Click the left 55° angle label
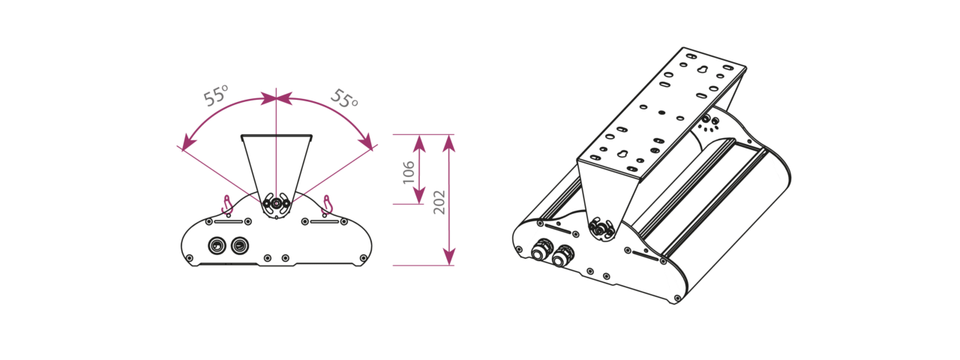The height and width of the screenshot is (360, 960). [215, 96]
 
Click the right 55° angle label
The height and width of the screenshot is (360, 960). [344, 99]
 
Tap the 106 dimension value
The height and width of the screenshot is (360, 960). [409, 172]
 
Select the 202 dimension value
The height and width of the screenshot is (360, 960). [439, 202]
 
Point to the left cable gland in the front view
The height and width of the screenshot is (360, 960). [215, 246]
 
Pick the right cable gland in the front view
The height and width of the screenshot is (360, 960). [239, 246]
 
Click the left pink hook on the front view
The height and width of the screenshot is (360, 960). [227, 205]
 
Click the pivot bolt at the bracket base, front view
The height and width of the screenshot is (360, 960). [277, 203]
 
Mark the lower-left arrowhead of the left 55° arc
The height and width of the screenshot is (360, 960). [187, 142]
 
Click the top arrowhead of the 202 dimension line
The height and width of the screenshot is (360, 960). [448, 143]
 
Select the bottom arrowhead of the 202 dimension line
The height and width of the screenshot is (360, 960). [448, 256]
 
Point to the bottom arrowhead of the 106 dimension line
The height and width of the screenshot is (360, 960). [418, 196]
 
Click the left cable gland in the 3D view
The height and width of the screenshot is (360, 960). [541, 250]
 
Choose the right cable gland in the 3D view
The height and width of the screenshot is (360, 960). [562, 256]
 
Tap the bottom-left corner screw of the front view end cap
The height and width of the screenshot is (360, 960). [190, 258]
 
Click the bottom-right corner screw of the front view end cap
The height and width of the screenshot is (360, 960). [364, 258]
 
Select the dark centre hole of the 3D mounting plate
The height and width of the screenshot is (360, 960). [662, 112]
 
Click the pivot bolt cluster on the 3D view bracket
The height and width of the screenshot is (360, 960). [601, 229]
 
